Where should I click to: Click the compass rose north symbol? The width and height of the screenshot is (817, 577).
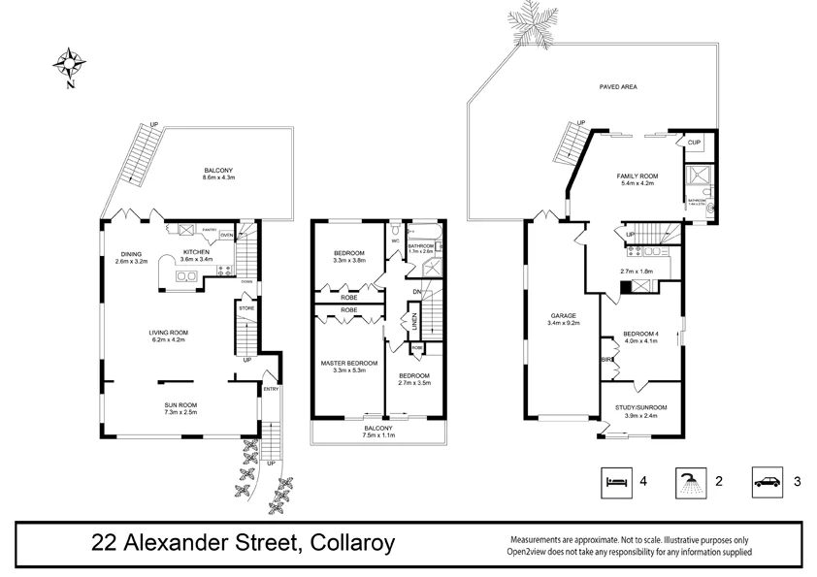pos(70,65)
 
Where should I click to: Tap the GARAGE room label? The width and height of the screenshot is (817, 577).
pos(564,316)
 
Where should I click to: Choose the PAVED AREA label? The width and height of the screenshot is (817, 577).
pos(617,87)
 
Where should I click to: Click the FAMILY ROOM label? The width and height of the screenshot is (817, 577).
pos(636,176)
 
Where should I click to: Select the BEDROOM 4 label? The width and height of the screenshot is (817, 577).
pos(639,333)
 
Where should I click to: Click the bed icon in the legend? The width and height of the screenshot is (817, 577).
pos(613,479)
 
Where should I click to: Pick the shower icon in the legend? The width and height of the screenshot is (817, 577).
pos(690,479)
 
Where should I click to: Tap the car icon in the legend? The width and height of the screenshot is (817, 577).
pos(767,479)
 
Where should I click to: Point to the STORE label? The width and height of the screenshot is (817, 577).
pos(245,308)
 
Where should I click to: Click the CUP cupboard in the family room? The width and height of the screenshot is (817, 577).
pos(694,143)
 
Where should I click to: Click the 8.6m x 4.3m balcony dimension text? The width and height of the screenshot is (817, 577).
pos(218,177)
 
